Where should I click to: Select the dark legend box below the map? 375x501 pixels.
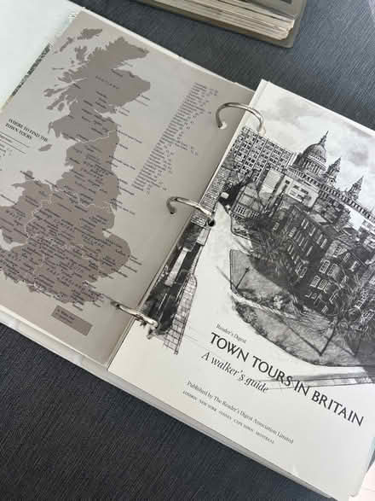tap(72, 320)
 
